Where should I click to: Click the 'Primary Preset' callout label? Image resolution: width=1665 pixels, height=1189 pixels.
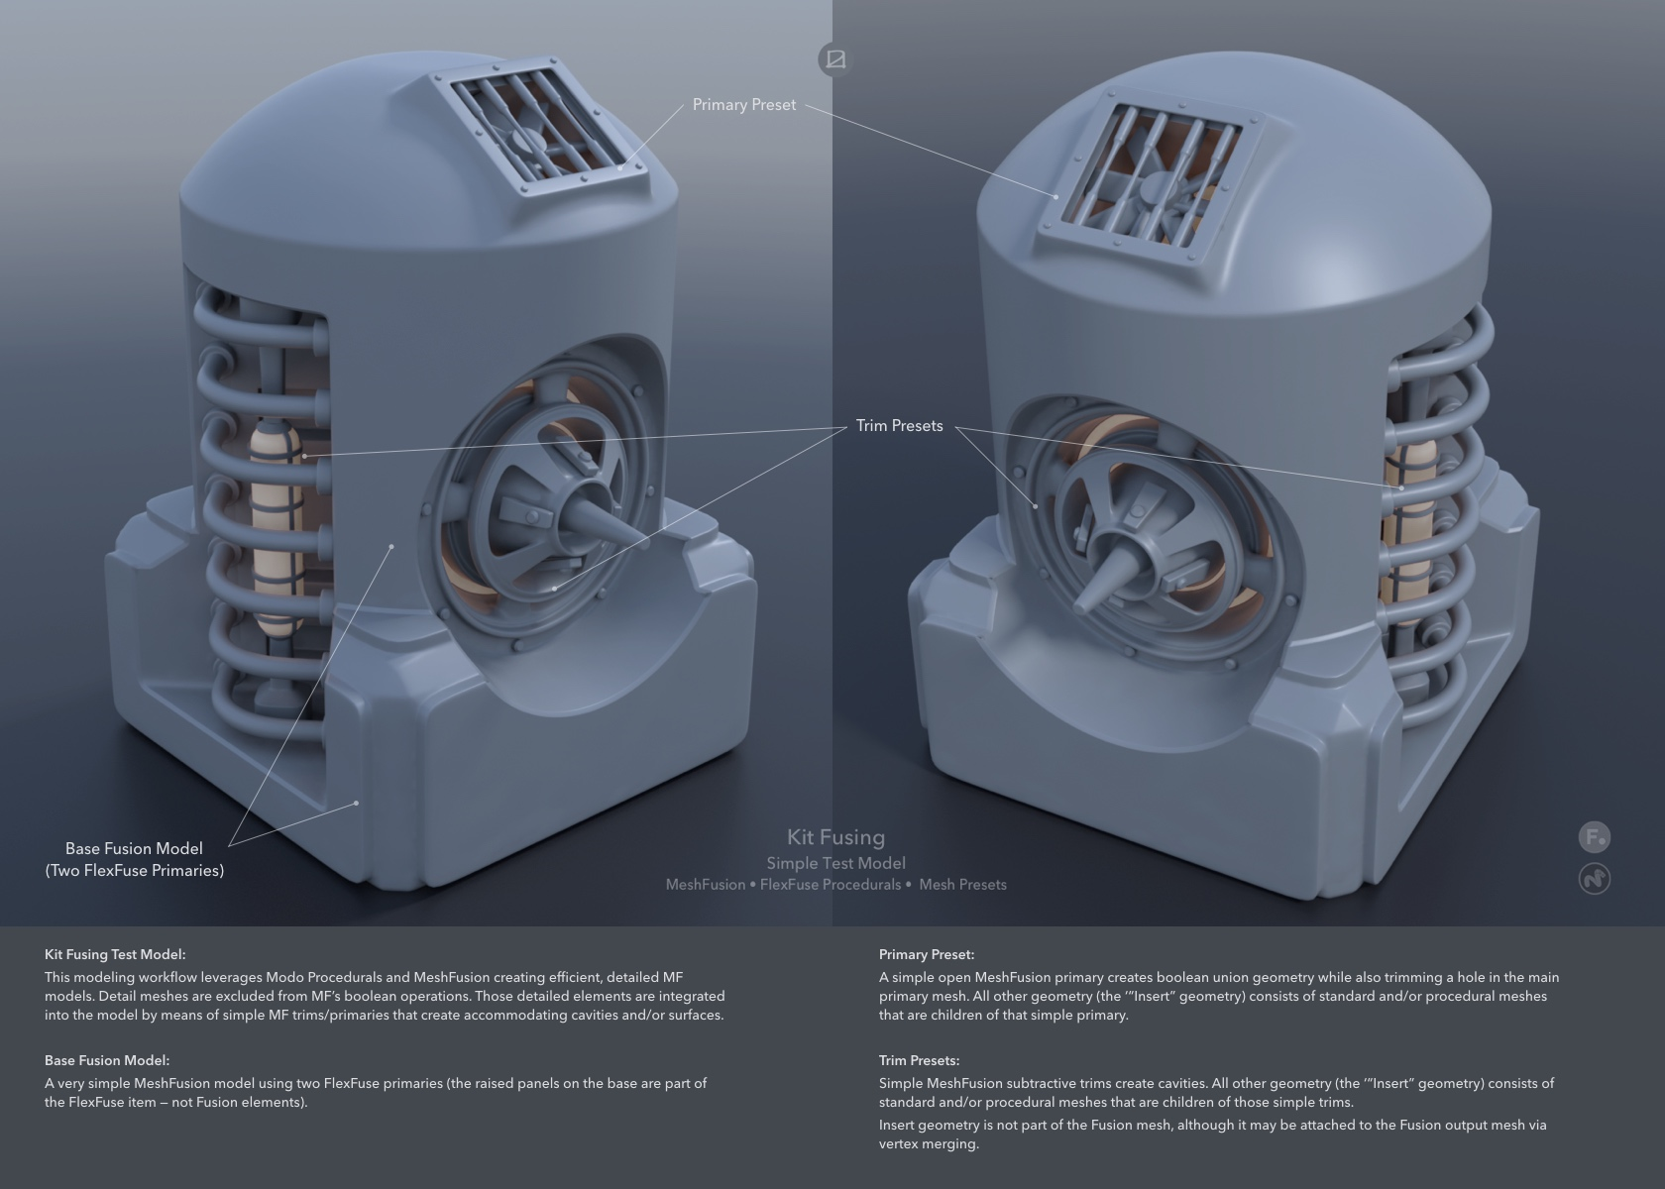pos(744,105)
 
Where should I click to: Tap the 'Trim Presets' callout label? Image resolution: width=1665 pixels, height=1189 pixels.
pos(900,426)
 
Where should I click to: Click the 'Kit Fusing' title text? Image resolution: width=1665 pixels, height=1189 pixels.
pos(836,837)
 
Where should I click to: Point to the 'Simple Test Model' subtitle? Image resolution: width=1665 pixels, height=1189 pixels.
pos(836,864)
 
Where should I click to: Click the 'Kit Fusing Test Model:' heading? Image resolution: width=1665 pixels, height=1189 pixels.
pos(115,954)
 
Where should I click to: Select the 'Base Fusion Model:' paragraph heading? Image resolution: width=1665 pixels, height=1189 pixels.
pos(107,1060)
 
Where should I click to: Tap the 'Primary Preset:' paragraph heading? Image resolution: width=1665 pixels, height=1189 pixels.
pos(926,954)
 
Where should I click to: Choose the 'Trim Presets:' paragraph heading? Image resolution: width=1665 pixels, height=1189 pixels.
pos(919,1060)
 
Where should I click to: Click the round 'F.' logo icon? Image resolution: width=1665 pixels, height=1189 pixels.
pos(1595,837)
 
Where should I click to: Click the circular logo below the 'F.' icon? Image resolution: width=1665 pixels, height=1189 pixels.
pos(1595,879)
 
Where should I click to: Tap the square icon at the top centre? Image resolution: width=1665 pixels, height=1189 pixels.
pos(835,59)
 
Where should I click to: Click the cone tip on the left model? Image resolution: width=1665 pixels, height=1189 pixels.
pos(645,543)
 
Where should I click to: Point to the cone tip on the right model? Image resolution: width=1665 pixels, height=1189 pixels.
pos(1079,607)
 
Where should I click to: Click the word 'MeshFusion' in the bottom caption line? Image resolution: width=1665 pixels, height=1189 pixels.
pos(706,885)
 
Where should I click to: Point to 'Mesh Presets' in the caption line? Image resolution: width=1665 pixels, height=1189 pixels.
pos(962,885)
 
